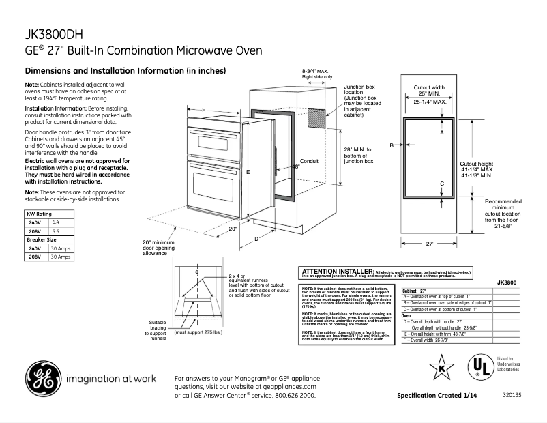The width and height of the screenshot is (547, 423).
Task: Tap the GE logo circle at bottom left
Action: pos(42,378)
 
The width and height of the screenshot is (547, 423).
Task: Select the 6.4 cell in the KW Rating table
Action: pos(56,222)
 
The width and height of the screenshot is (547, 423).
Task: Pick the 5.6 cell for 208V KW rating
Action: pos(56,231)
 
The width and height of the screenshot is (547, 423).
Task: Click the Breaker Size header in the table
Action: pos(42,240)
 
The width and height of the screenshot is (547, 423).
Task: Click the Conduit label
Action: pos(310,162)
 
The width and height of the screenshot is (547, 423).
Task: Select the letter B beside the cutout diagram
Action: pos(392,145)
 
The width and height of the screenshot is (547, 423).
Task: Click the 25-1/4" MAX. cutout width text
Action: pos(430,102)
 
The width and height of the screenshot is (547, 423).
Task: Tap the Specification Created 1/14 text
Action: pos(438,396)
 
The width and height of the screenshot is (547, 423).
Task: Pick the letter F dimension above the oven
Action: pos(203,110)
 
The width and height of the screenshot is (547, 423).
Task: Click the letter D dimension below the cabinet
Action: pos(256,238)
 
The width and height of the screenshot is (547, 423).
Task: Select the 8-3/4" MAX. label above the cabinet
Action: pos(316,71)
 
